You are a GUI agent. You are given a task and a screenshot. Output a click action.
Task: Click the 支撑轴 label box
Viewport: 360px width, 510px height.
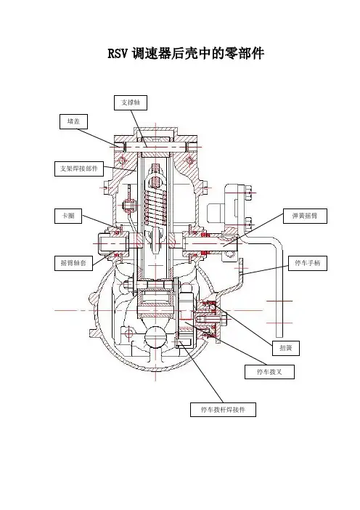tap(131, 102)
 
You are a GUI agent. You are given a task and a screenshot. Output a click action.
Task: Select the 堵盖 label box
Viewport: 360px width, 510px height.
tap(74, 121)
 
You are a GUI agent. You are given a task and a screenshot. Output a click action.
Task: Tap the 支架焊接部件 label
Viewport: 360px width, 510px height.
tap(79, 169)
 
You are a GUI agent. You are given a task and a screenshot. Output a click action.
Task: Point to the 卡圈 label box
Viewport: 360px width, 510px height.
tap(68, 216)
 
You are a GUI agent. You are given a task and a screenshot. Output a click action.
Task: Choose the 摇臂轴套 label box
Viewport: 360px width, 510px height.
tap(73, 263)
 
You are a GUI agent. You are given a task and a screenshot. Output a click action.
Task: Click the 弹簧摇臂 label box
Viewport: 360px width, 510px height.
tap(305, 216)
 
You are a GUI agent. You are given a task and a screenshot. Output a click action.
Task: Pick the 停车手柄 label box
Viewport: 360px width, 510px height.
tap(308, 263)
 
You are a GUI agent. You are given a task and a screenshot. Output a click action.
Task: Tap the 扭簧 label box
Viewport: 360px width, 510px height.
tap(285, 348)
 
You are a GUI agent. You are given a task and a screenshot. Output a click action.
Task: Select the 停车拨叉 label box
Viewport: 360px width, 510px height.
tap(269, 372)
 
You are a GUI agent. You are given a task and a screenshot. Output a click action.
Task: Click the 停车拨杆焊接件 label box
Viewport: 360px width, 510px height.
tap(223, 410)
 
